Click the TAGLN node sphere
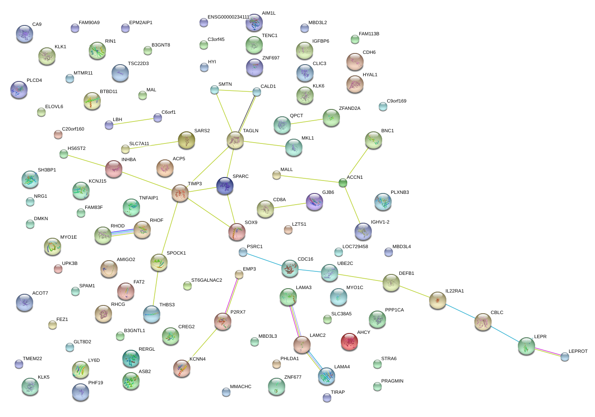[235, 140]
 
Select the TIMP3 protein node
[180, 193]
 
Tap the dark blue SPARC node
[225, 186]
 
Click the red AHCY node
[349, 342]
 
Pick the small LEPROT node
[565, 357]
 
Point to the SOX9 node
[237, 232]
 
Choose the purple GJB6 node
[315, 202]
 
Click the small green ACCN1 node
[343, 183]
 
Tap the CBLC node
[483, 321]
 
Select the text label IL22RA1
[455, 291]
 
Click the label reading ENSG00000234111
[228, 17]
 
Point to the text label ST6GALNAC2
[207, 280]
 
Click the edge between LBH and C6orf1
[133, 121]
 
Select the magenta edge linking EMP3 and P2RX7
[231, 298]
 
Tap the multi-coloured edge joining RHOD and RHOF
[122, 233]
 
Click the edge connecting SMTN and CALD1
[235, 90]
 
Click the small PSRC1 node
[243, 252]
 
